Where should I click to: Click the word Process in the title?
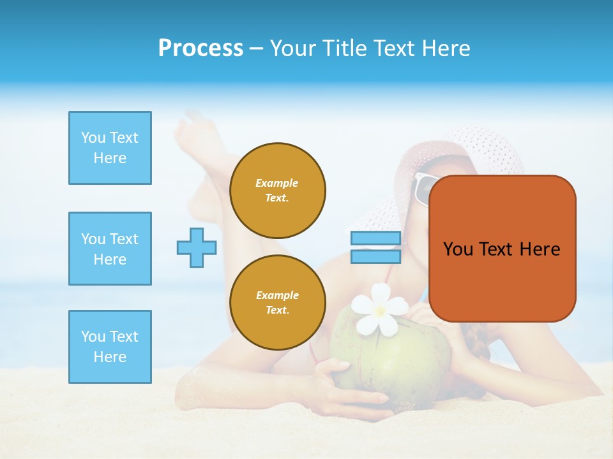(x=201, y=48)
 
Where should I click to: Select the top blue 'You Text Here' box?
(x=110, y=148)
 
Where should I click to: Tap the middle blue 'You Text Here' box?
(x=110, y=249)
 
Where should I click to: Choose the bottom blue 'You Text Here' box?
(x=110, y=347)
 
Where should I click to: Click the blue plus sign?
(x=197, y=247)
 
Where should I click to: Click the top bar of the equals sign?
(x=375, y=238)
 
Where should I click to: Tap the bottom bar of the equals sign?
(x=375, y=257)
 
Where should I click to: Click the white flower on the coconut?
(x=381, y=309)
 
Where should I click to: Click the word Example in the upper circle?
(x=277, y=183)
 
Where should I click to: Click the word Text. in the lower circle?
(x=277, y=310)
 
